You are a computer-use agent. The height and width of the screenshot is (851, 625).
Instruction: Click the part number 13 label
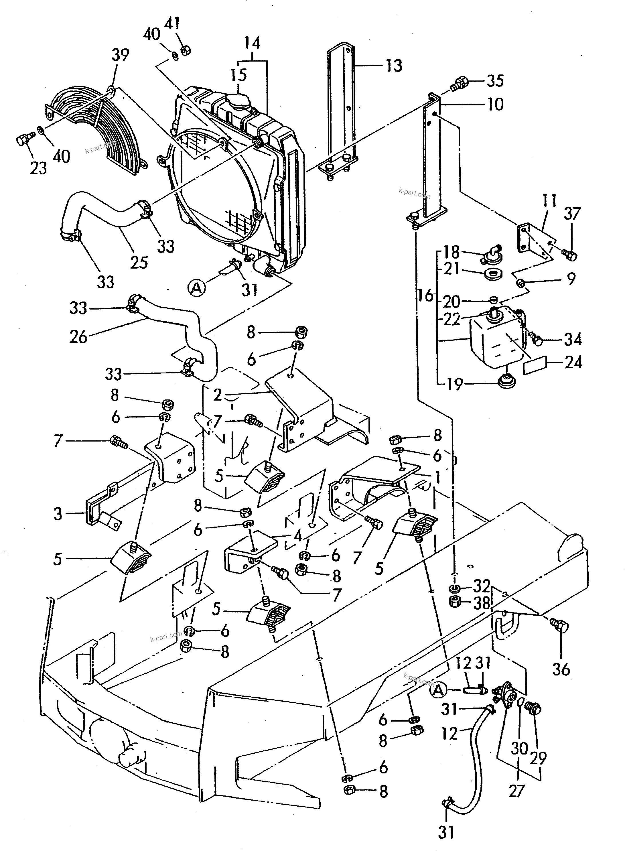click(x=394, y=66)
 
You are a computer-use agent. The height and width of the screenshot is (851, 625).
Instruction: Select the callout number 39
click(x=120, y=55)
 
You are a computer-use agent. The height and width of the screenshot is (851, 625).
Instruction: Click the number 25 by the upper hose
click(x=139, y=262)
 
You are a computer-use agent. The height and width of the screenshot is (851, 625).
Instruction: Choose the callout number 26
click(x=78, y=336)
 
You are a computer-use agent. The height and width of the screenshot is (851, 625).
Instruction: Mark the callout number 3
click(x=58, y=514)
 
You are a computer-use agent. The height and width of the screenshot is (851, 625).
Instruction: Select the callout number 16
click(x=426, y=295)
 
